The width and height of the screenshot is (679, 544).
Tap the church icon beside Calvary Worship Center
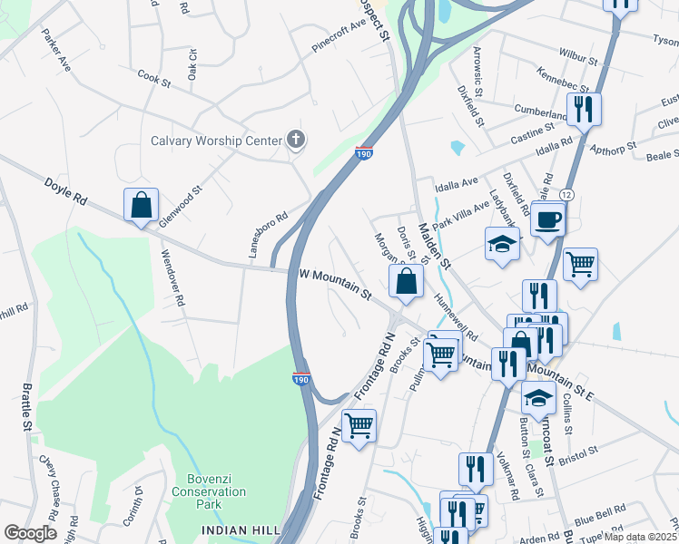tap(295, 140)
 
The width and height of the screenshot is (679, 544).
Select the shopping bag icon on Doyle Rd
tap(142, 206)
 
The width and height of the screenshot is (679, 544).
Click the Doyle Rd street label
tap(66, 191)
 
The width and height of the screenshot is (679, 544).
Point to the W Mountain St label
tap(335, 283)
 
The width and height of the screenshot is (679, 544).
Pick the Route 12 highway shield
tap(566, 195)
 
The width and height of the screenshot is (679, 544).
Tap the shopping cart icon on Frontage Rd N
tap(359, 423)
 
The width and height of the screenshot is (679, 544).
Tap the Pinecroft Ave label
tap(338, 41)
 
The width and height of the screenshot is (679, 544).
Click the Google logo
tap(30, 533)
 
